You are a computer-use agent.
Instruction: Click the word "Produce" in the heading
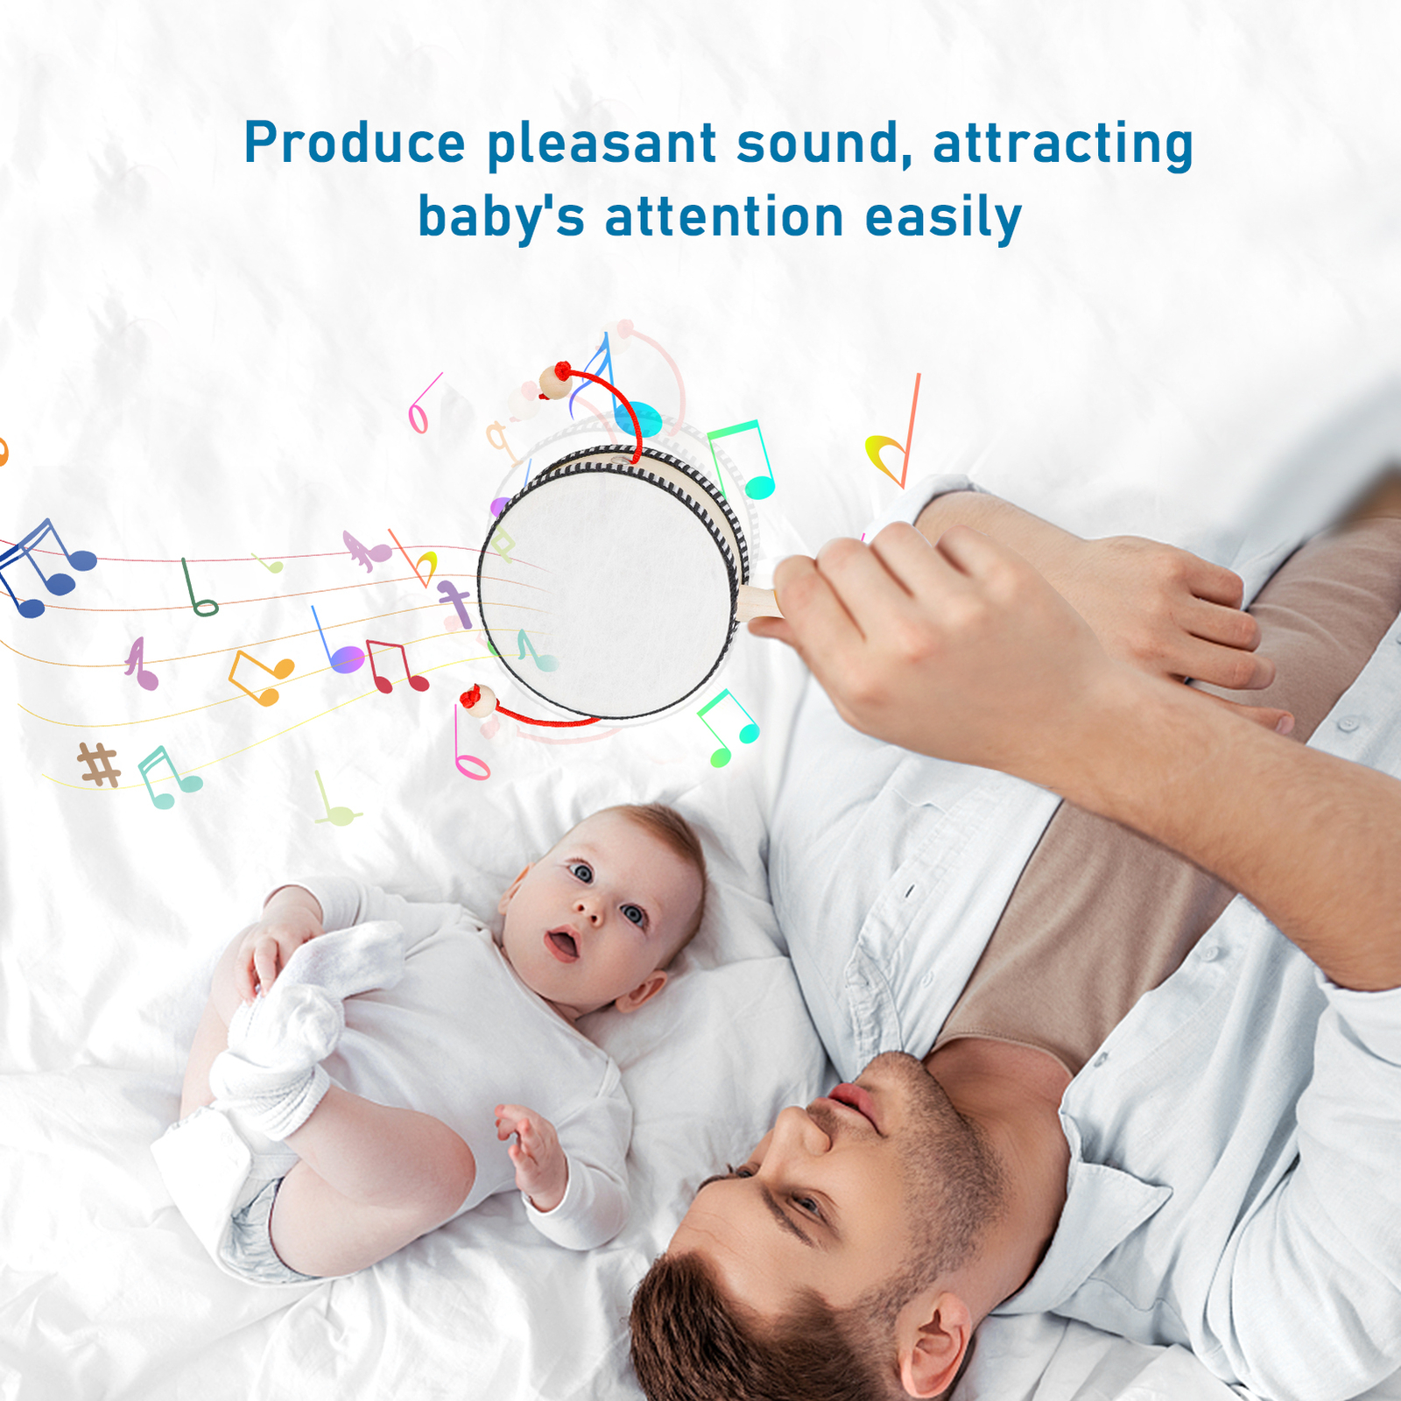[x=355, y=142]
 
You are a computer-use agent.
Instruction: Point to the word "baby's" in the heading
[x=501, y=216]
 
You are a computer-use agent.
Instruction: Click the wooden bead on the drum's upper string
[x=556, y=382]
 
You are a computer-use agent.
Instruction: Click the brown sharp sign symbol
[x=99, y=764]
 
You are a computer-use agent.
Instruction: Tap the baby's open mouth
[x=562, y=944]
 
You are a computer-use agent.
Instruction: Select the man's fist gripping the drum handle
[x=911, y=630]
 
